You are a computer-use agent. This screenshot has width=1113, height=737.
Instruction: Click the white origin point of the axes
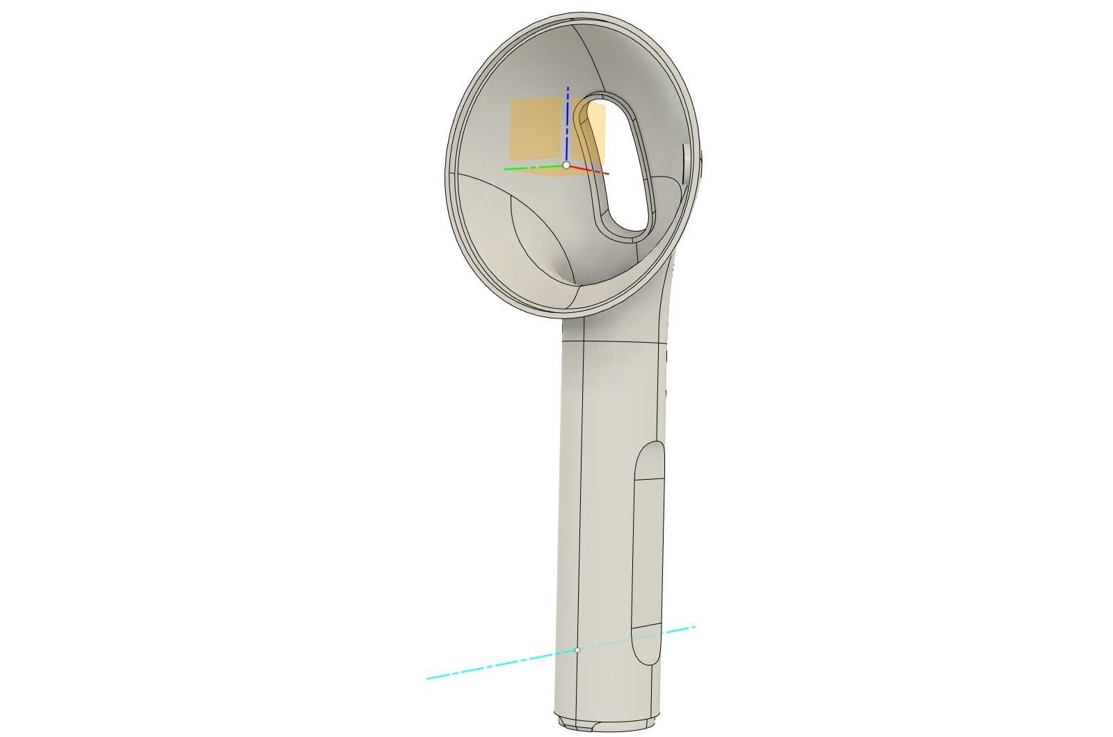point(566,165)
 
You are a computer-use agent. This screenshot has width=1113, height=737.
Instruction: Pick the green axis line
point(529,168)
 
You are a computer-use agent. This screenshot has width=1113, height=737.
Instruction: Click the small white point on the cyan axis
point(577,650)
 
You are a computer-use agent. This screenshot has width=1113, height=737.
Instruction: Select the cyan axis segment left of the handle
point(487,667)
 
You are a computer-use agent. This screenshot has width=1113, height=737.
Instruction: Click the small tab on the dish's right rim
point(686,164)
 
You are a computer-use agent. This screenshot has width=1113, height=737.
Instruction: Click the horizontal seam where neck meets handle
point(612,341)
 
